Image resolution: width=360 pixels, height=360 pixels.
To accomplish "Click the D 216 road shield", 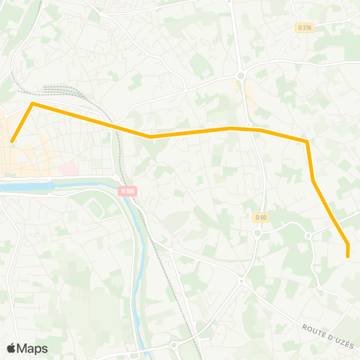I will (304, 28).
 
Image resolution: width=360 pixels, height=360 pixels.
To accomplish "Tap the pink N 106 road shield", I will (127, 190).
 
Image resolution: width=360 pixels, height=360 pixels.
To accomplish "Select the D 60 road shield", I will (260, 217).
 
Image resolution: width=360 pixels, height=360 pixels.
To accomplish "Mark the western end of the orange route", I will (12, 140).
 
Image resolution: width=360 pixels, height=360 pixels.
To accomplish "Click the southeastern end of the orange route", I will (348, 256).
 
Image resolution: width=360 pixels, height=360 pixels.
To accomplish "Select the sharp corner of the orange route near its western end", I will (31, 104).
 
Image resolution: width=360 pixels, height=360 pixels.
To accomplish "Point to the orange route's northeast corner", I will (307, 141).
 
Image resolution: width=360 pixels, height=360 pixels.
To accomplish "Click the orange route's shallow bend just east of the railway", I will (151, 136).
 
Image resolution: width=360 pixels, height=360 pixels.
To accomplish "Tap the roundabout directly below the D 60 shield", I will (256, 232).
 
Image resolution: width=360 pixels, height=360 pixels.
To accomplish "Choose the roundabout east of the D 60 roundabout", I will (307, 236).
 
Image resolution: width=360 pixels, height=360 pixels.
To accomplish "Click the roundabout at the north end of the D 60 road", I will (241, 74).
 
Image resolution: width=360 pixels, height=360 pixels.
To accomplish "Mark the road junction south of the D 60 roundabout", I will (241, 281).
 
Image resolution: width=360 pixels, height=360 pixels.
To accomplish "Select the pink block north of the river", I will (69, 170).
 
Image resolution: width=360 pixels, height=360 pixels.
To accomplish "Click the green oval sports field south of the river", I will (97, 205).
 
